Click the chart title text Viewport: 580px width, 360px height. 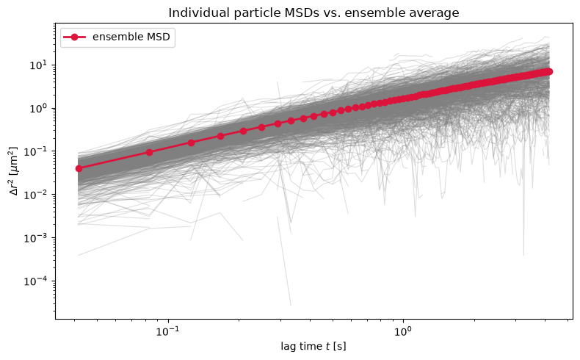[313, 12]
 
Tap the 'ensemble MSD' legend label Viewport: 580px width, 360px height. [131, 37]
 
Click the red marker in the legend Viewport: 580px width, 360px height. [74, 37]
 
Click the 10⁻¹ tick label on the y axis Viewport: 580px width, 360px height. [35, 151]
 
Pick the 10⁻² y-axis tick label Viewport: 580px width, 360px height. [35, 195]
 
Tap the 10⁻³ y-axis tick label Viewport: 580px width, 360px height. [35, 238]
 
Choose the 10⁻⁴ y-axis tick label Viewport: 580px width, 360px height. [35, 281]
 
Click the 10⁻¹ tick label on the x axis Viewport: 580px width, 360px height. [168, 331]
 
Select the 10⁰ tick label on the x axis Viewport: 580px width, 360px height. [403, 331]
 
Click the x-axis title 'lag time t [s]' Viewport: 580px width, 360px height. [313, 346]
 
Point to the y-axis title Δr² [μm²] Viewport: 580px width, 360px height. [13, 171]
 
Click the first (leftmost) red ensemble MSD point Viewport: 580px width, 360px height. [79, 169]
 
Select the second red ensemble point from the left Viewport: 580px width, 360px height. [150, 152]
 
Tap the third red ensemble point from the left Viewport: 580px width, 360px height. [191, 143]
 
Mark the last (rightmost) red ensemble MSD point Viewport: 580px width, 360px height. [549, 71]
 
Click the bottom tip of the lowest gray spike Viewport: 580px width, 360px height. [291, 306]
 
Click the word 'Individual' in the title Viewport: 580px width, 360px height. [197, 12]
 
